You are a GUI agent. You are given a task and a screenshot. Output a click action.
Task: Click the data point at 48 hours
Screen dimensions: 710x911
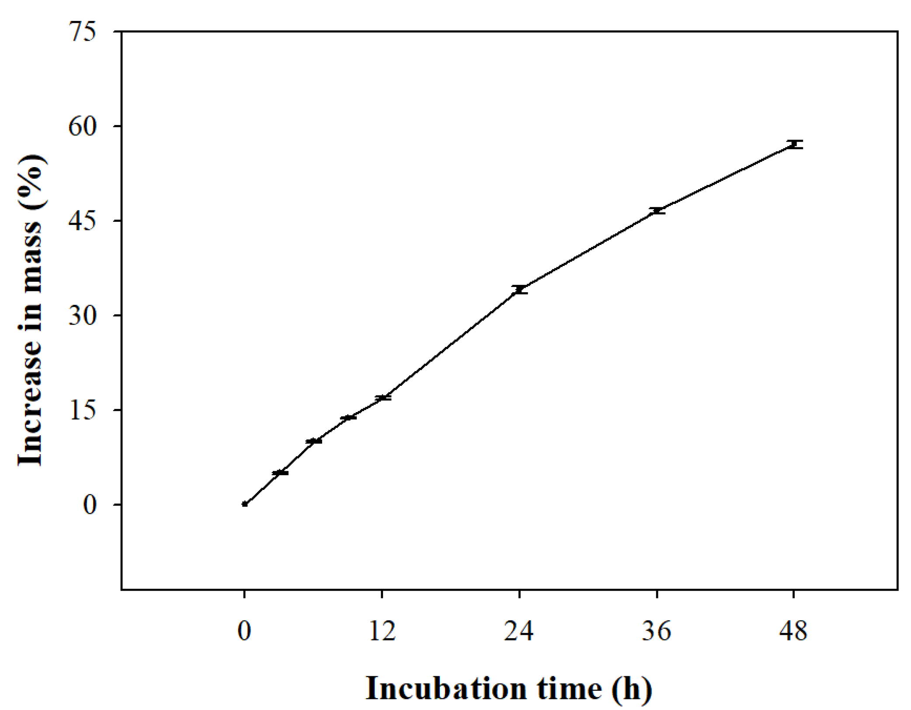coord(794,144)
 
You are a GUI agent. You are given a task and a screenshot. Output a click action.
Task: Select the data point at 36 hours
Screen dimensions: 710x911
coord(657,211)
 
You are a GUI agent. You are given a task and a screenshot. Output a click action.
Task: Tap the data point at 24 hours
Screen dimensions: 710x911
coord(519,290)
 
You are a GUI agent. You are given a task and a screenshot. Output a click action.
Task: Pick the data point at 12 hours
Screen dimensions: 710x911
coord(382,398)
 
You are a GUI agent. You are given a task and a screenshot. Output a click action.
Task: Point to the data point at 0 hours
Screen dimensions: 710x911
coord(245,504)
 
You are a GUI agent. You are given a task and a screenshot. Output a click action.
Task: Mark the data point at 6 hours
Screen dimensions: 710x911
coord(314,441)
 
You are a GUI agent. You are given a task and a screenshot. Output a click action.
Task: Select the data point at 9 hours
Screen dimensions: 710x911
coord(348,418)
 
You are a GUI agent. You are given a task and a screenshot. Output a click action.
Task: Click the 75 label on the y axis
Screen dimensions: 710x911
coord(82,32)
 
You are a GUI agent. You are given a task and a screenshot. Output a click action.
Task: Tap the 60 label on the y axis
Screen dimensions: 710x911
coord(82,127)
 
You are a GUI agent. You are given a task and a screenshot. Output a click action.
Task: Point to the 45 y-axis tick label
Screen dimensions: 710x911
coord(82,221)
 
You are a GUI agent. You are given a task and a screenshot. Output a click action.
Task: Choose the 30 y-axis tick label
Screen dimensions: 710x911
coord(82,316)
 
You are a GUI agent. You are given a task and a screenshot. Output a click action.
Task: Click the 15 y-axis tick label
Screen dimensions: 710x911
coord(82,410)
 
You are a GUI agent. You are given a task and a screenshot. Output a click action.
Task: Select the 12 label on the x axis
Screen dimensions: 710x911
coord(382,631)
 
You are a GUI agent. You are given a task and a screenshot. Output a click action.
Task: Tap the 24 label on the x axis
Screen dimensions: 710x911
coord(519,631)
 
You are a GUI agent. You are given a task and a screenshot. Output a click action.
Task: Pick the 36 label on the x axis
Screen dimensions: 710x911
coord(657,631)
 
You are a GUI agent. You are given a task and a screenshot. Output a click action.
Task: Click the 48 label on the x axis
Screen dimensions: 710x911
coord(793,631)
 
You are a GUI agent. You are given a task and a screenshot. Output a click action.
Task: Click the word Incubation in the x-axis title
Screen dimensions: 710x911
coord(446,689)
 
